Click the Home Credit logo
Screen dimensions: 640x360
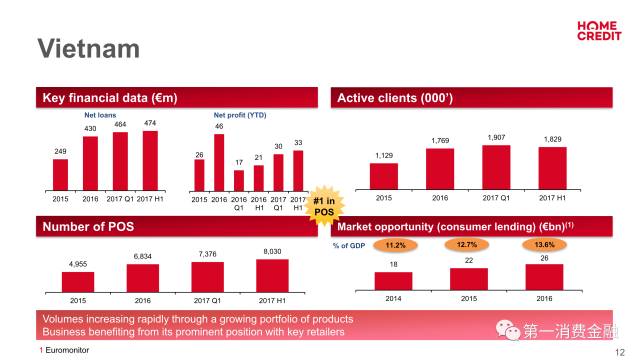(x=599, y=31)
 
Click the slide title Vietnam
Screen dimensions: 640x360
(x=89, y=49)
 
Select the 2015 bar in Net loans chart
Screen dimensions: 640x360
(x=60, y=175)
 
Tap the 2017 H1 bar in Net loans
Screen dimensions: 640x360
(x=150, y=161)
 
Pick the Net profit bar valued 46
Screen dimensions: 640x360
(x=219, y=162)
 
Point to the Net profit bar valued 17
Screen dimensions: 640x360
(x=239, y=181)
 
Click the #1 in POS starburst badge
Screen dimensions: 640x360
(x=324, y=206)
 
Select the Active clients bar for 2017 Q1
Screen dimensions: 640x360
(x=496, y=167)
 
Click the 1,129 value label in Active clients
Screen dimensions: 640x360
(x=384, y=156)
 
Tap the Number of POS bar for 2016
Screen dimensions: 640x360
(x=143, y=278)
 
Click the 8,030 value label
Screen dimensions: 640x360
(x=272, y=251)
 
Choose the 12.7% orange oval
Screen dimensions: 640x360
(x=467, y=245)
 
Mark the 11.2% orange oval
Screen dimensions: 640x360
(x=395, y=245)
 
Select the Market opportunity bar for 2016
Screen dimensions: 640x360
(x=544, y=278)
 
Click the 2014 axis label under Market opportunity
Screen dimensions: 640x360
(x=393, y=299)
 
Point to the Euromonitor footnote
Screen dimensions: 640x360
(x=64, y=350)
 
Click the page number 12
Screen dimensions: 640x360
(x=620, y=352)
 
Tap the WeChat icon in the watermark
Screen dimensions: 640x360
(x=507, y=330)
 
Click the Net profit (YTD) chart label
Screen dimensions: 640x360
(x=240, y=115)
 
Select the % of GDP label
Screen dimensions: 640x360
(x=349, y=246)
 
